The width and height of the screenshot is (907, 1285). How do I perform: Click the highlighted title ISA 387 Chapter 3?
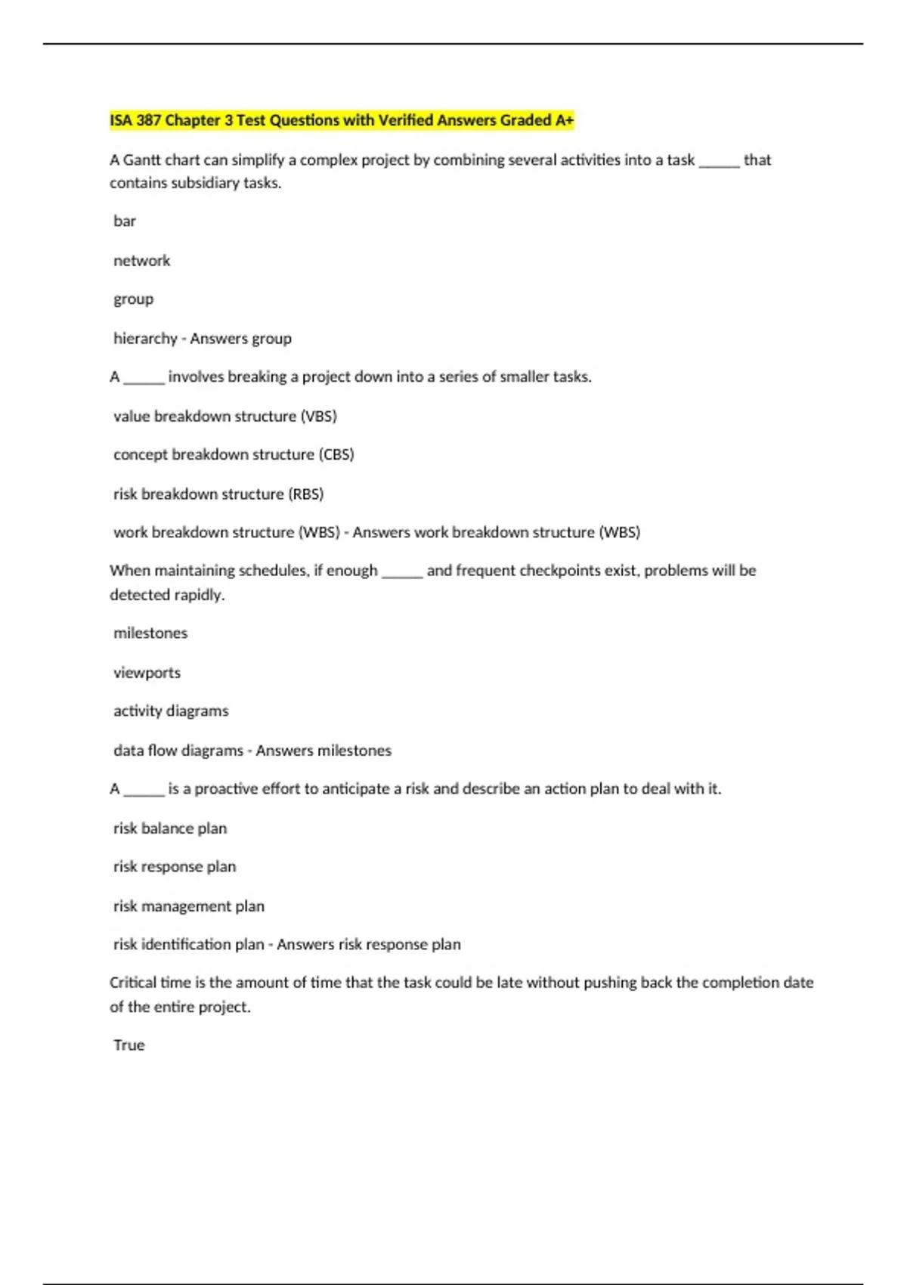point(342,120)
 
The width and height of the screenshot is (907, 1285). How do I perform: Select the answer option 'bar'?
point(125,221)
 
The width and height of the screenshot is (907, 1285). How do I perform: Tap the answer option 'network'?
point(141,261)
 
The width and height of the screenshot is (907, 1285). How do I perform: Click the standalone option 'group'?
point(133,299)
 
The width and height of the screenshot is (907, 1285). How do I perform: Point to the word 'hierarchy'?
point(145,339)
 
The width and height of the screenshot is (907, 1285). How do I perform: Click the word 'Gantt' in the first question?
point(141,160)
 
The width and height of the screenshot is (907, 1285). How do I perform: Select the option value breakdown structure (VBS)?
point(224,416)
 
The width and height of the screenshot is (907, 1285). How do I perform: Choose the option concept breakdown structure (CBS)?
point(234,454)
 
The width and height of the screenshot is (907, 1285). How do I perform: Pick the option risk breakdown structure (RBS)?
point(218,494)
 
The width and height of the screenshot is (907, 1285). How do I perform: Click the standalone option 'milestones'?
point(150,633)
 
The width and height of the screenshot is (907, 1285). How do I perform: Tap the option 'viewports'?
point(147,673)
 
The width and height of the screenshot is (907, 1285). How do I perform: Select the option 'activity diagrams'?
point(171,711)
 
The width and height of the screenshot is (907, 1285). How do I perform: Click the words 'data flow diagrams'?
point(178,751)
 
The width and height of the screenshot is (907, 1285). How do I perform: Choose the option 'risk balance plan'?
point(170,828)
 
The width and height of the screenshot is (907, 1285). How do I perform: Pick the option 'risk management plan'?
point(189,906)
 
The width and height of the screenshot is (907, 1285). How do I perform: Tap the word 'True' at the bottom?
point(129,1045)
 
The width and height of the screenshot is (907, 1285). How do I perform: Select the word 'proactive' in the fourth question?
point(226,789)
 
